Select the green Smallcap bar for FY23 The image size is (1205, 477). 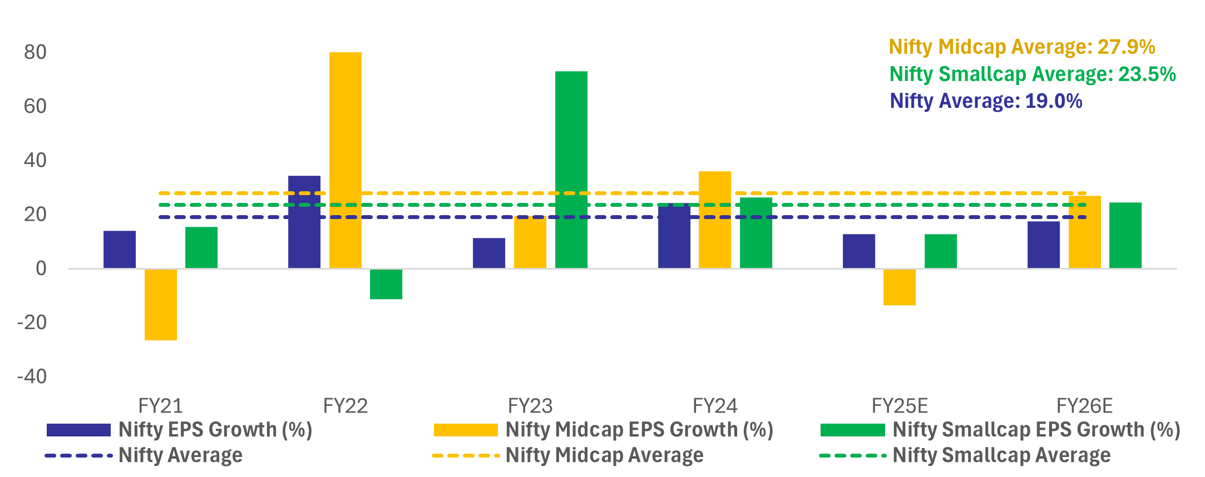(x=571, y=170)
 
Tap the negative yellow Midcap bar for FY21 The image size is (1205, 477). (x=161, y=305)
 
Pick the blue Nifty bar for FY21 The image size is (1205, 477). (x=120, y=250)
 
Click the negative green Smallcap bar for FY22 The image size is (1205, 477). (x=386, y=284)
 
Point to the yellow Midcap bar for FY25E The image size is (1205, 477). (x=899, y=287)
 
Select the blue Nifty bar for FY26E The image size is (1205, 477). (x=1043, y=245)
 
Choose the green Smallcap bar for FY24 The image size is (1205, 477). (x=755, y=233)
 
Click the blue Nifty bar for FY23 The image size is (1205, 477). (x=489, y=253)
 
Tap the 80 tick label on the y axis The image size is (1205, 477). (x=35, y=52)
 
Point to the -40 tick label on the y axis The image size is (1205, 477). (x=32, y=376)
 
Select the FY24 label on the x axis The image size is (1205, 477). (x=715, y=406)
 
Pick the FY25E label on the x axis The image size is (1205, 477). (x=900, y=406)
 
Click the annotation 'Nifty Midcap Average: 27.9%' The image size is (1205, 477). (x=1021, y=47)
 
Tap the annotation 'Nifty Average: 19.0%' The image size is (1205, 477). (x=986, y=101)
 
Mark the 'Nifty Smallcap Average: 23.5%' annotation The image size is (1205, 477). (x=1033, y=74)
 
